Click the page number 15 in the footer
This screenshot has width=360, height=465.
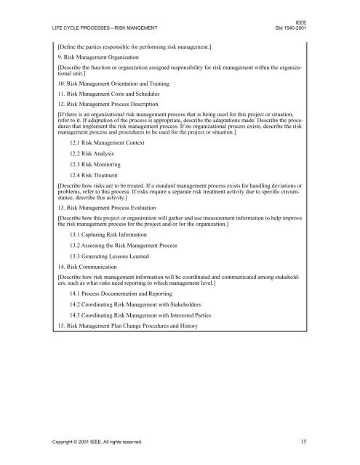pyautogui.click(x=311, y=441)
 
